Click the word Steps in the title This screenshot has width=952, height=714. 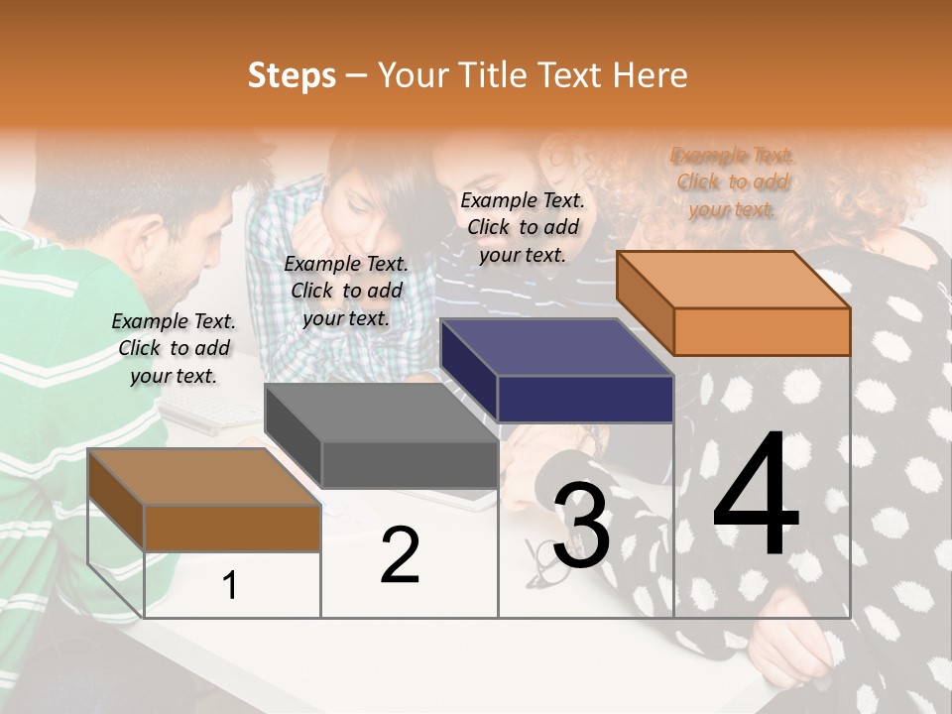coord(292,75)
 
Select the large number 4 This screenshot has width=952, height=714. coord(756,495)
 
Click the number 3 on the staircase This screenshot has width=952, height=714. coord(580,527)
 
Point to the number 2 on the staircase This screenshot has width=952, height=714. coord(400,556)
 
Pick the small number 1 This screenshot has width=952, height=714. coord(230,586)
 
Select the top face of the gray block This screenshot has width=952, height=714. coord(381,413)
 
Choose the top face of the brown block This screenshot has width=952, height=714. coord(204,477)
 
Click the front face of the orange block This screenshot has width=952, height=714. coord(762,331)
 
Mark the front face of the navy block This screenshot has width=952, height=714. coord(585,399)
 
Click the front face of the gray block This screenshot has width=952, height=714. coord(409,464)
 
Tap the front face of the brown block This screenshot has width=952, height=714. coord(232,528)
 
